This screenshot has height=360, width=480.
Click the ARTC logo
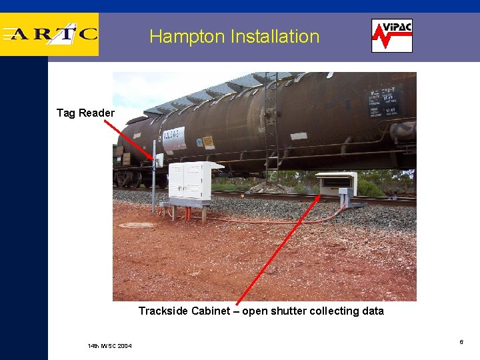50,34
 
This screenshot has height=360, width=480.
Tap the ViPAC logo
392,35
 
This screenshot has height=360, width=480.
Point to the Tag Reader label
85,113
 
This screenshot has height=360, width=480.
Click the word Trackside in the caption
163,311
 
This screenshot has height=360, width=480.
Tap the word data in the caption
373,311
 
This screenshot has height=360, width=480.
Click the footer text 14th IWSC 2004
109,345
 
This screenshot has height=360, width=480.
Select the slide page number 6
461,342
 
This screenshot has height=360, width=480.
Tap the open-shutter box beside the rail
337,183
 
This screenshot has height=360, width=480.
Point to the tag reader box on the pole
159,161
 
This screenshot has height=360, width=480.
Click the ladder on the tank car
271,127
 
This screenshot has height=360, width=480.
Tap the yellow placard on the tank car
207,141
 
